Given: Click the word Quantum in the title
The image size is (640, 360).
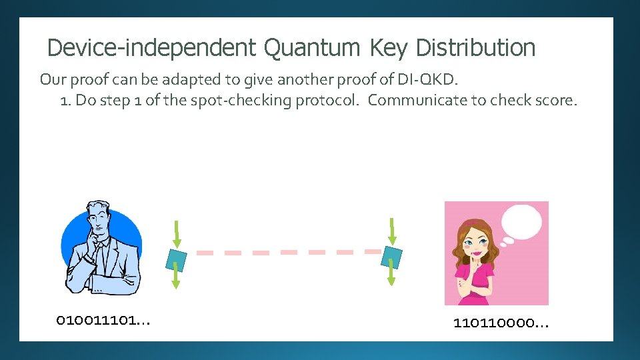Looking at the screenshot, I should point(312,48).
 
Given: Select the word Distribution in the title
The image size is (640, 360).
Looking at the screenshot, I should point(475,48).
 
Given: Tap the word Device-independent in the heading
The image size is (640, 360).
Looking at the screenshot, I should point(151,48).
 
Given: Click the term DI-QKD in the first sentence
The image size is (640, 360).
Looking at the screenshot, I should point(427,80).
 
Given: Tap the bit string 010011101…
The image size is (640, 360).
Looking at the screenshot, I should point(103,321).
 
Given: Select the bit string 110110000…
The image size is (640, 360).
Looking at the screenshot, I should point(501,324).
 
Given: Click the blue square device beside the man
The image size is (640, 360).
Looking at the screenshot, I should point(176,257).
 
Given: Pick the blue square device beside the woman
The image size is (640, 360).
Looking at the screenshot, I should point(391,256).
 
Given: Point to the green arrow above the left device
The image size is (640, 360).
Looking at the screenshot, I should point(177,233).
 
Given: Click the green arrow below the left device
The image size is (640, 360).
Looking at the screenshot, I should point(176,275).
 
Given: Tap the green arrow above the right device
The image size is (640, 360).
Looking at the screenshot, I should point(392,231).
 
